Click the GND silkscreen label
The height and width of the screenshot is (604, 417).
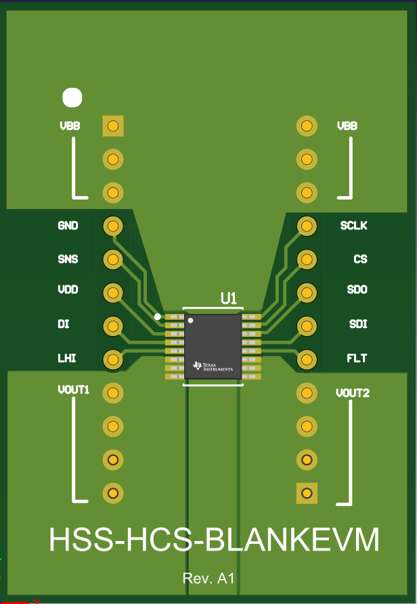coord(68,225)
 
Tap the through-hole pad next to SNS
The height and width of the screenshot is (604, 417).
coord(113,259)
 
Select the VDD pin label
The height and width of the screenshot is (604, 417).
coord(68,289)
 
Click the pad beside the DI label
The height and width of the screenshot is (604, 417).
coord(113,326)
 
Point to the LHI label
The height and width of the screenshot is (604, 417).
coord(67,358)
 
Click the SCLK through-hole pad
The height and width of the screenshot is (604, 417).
coord(307,226)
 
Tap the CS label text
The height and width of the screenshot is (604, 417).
coord(360,259)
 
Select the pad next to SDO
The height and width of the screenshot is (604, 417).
coord(307,293)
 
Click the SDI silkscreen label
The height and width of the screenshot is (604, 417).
coord(358,324)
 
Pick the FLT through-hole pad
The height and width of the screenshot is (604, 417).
coord(307,359)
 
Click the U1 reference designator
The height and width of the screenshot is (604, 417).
coord(229,298)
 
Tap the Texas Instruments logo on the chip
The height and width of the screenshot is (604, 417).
coord(213,366)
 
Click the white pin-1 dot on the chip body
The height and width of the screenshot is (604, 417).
coord(190,321)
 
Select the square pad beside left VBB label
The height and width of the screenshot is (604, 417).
coord(113,126)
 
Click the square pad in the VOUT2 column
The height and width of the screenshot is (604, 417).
coord(307,493)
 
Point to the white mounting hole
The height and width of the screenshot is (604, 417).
coord(72,97)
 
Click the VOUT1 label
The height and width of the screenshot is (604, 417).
coord(74,390)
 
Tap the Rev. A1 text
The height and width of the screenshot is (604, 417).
coord(208,578)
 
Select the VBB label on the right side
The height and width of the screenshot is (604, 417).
coord(347,126)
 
